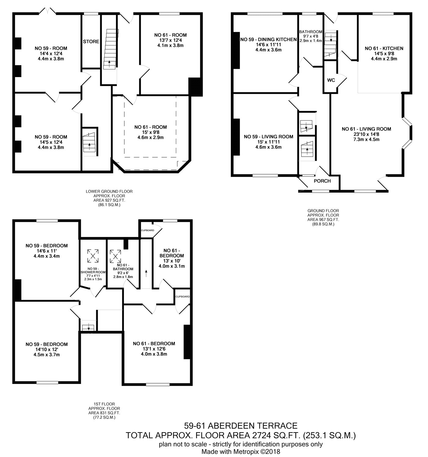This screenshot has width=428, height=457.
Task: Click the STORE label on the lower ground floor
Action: pos(91,41)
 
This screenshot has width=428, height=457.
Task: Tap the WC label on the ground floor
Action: pos(331,80)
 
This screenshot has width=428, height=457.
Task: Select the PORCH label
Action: pos(322,181)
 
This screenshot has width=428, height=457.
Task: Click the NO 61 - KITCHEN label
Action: pos(384,48)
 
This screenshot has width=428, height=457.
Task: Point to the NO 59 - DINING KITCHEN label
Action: pos(268,39)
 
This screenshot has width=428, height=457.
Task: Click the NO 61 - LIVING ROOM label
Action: pos(366,129)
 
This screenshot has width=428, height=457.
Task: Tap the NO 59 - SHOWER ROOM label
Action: pos(93,270)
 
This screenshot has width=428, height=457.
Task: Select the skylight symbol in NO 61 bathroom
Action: pos(115,256)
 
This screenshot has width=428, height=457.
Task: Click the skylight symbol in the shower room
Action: pos(93,256)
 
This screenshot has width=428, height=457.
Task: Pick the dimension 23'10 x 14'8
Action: pos(366,134)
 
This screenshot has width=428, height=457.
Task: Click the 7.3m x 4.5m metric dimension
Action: pos(366,139)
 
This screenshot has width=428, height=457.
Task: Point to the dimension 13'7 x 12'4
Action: pos(170,40)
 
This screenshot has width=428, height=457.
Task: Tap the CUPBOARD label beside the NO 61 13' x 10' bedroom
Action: pos(147,230)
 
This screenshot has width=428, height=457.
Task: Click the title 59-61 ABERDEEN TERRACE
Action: pos(241,426)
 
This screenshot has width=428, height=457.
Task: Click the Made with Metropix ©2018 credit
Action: pos(241,452)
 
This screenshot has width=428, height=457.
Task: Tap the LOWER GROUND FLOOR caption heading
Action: pos(109,191)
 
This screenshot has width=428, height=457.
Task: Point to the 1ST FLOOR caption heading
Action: pos(104,404)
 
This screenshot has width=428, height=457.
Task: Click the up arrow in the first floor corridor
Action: pos(146,274)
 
